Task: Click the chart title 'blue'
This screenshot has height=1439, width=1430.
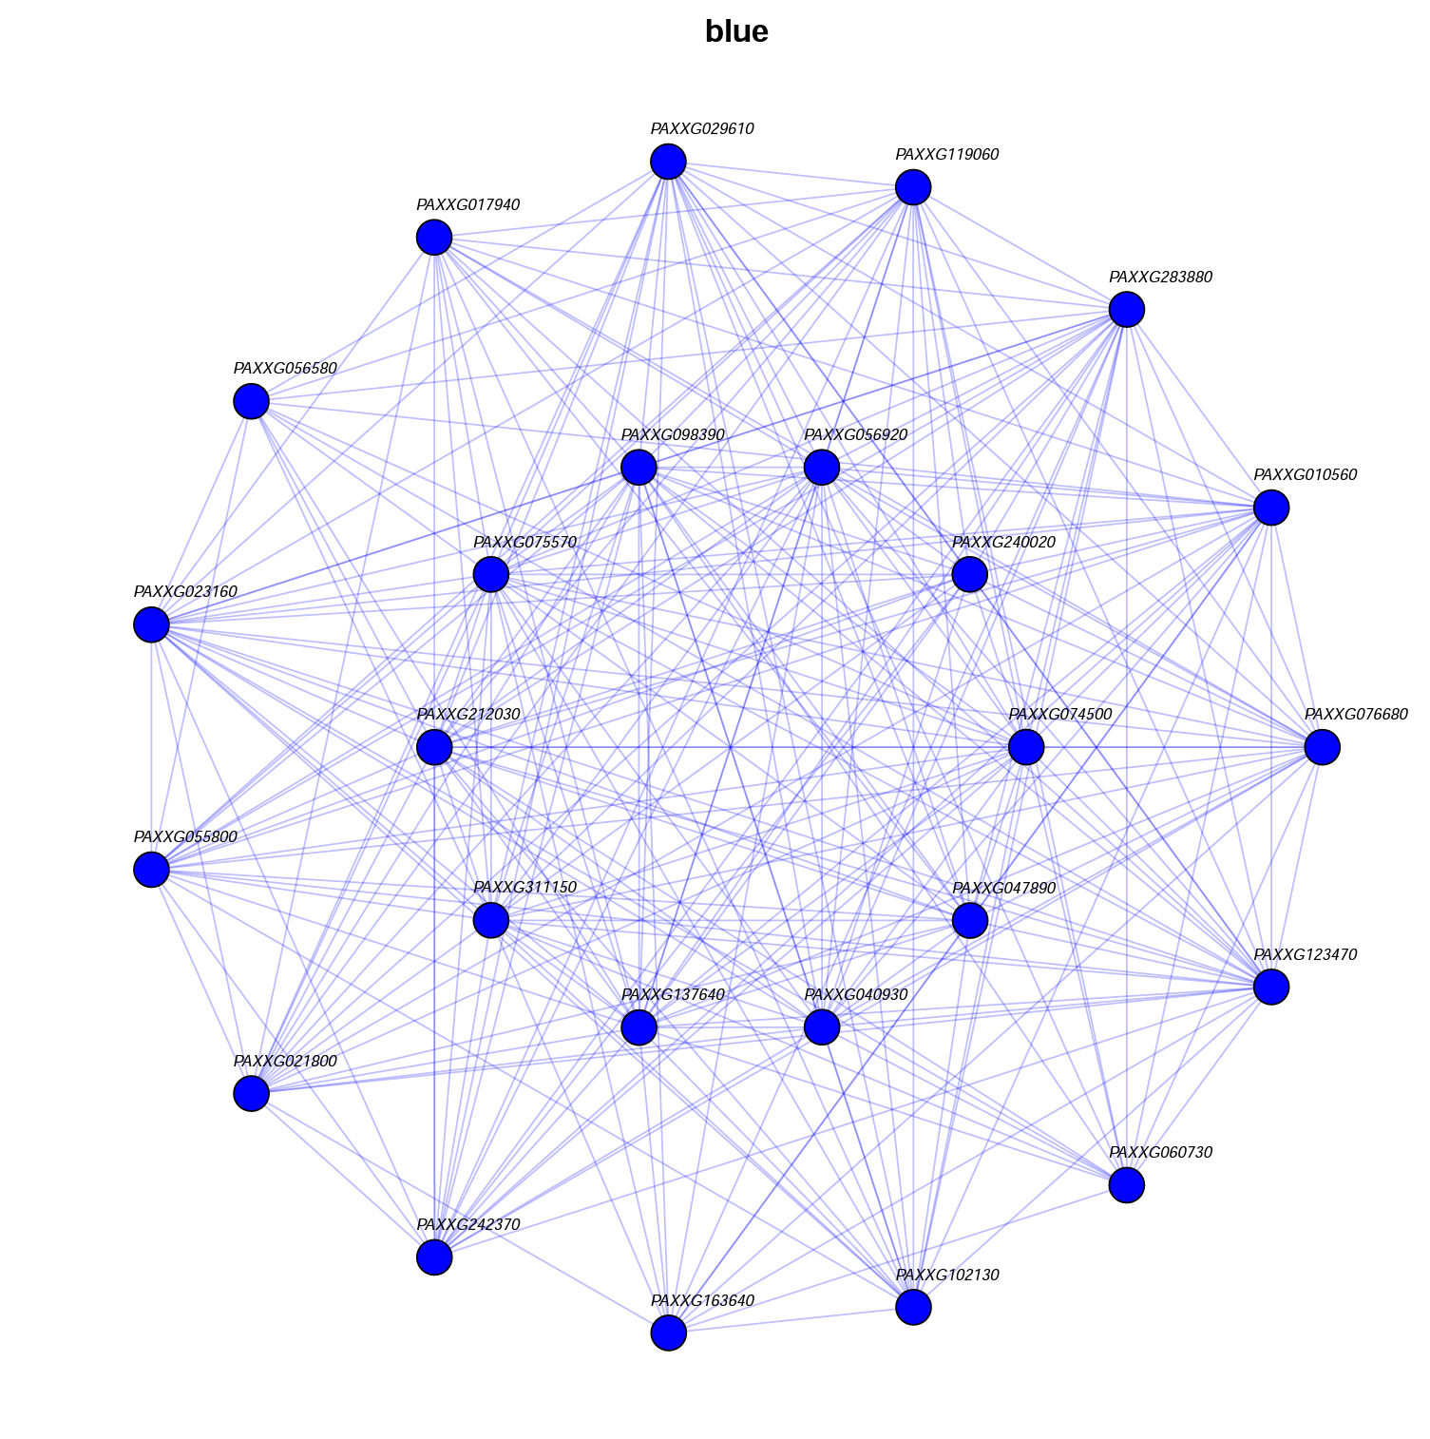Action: point(736,32)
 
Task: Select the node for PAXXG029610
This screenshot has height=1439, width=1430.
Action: point(668,162)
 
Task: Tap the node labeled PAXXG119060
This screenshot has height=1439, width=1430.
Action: point(912,187)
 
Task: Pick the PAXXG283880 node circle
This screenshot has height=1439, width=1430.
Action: point(1126,310)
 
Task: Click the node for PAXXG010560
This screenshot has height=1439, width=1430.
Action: point(1270,508)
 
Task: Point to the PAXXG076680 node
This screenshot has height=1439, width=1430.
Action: point(1322,748)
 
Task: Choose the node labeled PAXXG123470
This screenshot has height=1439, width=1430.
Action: point(1270,988)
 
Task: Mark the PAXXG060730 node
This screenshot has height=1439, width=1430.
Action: point(1126,1185)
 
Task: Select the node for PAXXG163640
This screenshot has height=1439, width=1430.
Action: point(668,1333)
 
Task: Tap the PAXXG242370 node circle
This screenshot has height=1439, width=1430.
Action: point(434,1257)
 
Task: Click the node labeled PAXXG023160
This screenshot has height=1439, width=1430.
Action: point(151,625)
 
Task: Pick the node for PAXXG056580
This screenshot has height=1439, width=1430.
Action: point(251,402)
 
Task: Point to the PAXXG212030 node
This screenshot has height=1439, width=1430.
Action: point(434,748)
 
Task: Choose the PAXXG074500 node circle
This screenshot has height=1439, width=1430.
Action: point(1025,748)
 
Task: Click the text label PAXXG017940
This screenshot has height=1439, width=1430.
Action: point(468,204)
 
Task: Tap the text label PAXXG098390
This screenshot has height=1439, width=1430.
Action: point(673,435)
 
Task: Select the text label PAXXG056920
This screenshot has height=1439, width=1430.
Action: point(855,435)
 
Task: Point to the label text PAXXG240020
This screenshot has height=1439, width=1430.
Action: point(1003,543)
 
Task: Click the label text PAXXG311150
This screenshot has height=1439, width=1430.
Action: point(524,888)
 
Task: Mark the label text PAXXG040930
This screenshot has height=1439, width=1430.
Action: point(855,995)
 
